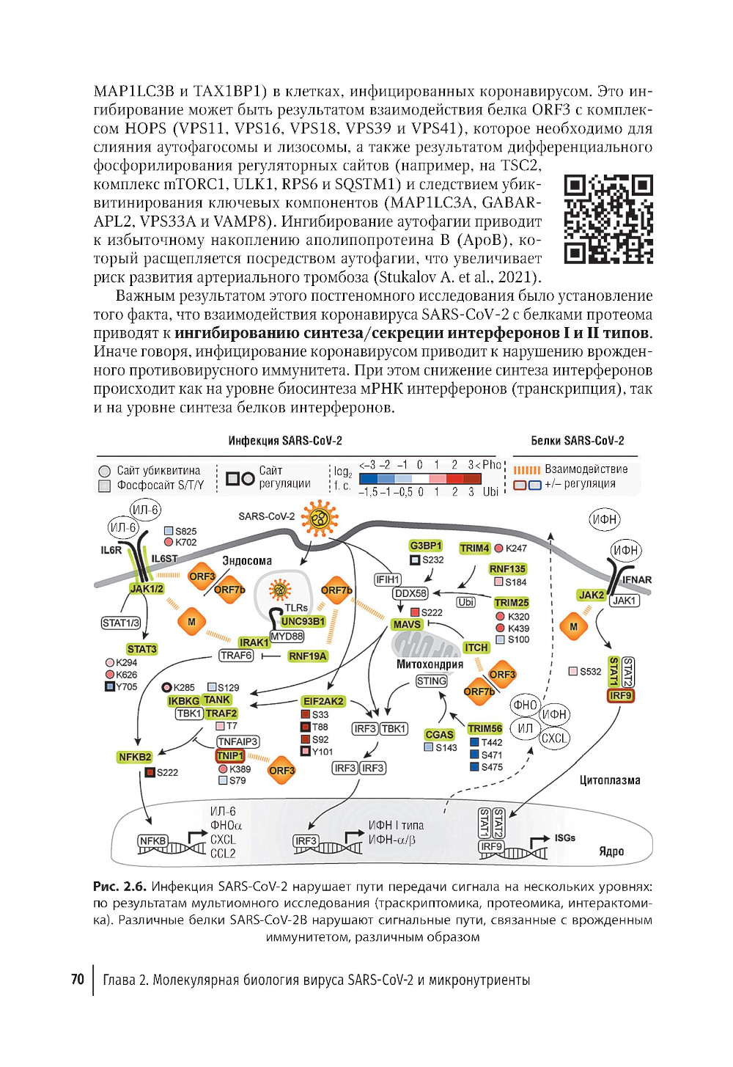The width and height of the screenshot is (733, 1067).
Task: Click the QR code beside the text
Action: click(x=608, y=219)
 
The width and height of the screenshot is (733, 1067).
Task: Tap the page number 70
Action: click(x=78, y=979)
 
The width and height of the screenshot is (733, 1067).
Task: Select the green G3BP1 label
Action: click(x=426, y=546)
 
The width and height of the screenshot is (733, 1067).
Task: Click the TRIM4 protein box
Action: click(x=474, y=548)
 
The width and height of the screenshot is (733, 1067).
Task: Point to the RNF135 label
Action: click(x=507, y=568)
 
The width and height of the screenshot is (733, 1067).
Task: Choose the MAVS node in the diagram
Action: click(x=407, y=624)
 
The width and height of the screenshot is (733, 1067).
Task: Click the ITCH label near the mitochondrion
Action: click(x=476, y=647)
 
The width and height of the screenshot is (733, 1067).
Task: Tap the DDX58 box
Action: click(x=410, y=593)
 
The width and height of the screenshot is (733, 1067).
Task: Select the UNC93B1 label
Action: click(x=303, y=621)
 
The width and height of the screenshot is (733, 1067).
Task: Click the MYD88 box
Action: click(x=287, y=636)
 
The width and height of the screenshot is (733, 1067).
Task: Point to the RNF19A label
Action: click(x=307, y=656)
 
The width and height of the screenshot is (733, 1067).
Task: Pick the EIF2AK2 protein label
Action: click(x=323, y=701)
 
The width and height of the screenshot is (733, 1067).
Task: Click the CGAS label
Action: click(x=439, y=734)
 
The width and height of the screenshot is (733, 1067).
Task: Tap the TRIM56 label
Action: click(x=485, y=728)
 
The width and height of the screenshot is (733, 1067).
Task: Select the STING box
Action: click(x=431, y=681)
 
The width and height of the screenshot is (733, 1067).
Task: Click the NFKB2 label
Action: click(x=135, y=757)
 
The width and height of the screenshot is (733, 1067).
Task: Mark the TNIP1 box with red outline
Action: click(x=229, y=755)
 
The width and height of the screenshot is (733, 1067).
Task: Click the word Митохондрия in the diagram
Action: click(x=430, y=664)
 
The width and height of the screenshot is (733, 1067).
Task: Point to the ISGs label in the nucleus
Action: click(x=564, y=837)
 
